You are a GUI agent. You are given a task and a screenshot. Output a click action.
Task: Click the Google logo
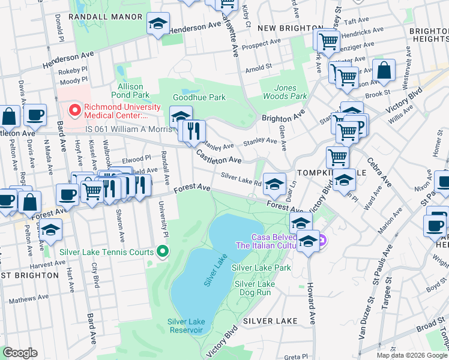(x=20, y=353)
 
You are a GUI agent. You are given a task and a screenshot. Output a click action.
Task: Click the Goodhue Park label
(x=199, y=97)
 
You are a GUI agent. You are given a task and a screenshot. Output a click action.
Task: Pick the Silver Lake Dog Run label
(x=255, y=288)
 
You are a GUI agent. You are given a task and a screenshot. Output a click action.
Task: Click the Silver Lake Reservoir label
(x=187, y=326)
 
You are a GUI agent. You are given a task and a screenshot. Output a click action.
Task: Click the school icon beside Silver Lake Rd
(x=274, y=183)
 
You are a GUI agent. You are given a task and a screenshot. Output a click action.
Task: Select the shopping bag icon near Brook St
(x=384, y=70)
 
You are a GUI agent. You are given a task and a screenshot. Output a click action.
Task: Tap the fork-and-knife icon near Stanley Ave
(x=193, y=130)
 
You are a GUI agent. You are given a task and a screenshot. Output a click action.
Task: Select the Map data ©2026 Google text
(x=411, y=355)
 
